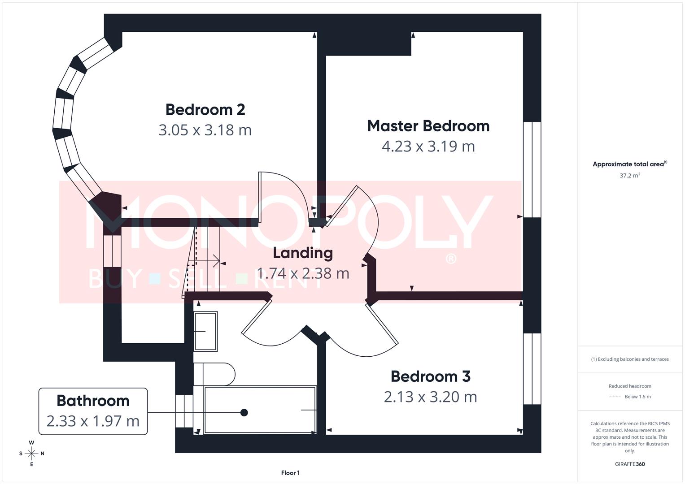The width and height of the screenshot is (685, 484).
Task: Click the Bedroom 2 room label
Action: point(205,109)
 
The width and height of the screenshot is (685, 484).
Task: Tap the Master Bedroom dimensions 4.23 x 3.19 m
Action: point(428,147)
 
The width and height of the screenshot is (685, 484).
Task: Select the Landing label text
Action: point(303,253)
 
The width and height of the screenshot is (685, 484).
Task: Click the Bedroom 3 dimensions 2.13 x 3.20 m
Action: point(430,397)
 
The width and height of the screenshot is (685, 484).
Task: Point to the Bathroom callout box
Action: point(93,411)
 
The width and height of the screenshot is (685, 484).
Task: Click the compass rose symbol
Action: point(31,454)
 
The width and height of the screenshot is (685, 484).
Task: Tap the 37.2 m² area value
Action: point(630,176)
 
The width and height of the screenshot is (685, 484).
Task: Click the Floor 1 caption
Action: point(290,473)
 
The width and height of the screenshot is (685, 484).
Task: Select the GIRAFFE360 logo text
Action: point(630,464)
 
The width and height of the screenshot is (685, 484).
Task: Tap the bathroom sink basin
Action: point(205,331)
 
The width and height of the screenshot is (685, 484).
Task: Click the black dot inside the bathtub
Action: point(244,412)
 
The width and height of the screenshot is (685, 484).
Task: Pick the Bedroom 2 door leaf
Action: point(260,196)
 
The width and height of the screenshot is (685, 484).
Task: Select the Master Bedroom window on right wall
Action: point(532,169)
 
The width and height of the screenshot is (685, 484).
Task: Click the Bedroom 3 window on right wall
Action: point(532,368)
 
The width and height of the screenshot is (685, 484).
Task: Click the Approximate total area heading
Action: point(630,164)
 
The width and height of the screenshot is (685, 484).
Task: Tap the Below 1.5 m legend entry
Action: point(637,397)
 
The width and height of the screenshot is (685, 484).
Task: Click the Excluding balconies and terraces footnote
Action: point(630,359)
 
